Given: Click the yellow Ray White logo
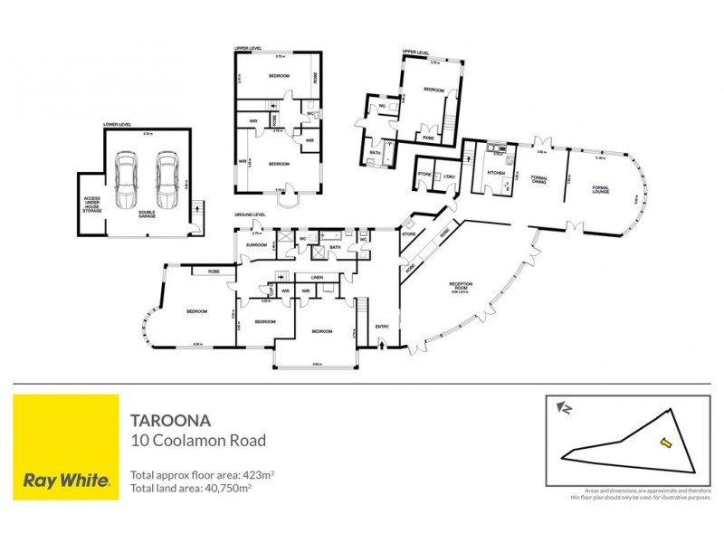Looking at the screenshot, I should click(x=66, y=447).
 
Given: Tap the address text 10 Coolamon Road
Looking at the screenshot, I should click(x=198, y=442).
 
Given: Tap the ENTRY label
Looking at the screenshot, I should click(x=382, y=327).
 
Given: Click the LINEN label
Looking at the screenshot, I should click(x=317, y=277).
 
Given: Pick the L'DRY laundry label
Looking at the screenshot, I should click(x=449, y=172).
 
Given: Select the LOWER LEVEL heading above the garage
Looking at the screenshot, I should click(x=118, y=124).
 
